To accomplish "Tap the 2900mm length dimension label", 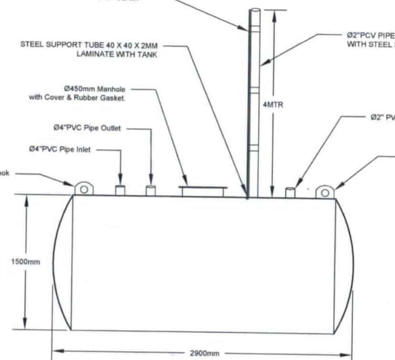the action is coord(204,353).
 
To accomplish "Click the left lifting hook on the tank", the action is coord(84,189).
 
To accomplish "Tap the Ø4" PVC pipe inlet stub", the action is coord(120,190).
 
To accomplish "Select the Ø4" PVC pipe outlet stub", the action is coord(151,191).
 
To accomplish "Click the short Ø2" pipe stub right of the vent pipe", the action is coord(290,192).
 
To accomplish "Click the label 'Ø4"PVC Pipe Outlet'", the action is coord(87,128).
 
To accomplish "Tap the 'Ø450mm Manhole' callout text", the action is coord(94,89).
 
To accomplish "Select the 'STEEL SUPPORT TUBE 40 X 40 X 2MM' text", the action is coord(89,44).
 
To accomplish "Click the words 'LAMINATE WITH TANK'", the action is coord(117,54).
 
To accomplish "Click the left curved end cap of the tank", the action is coord(61,262).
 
